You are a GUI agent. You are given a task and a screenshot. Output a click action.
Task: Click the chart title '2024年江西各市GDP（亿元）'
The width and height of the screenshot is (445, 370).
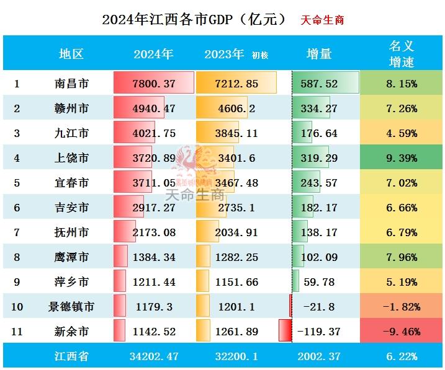pos(194,19)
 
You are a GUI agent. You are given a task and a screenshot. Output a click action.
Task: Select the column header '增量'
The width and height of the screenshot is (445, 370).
pos(319,54)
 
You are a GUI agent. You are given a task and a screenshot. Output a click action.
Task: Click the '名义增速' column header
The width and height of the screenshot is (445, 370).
pos(401,54)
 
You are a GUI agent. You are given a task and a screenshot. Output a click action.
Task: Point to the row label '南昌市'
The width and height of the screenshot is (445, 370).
pos(71,84)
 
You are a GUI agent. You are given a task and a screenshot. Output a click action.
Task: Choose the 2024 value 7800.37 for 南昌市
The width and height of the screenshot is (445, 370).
pos(153,84)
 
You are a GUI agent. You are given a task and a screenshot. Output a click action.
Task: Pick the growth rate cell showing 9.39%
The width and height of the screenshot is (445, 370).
pos(401,158)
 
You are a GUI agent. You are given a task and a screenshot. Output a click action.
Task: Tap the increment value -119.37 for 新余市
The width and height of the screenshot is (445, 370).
pos(319,332)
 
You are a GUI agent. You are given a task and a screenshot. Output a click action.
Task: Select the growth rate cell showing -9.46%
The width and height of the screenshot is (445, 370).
pos(401,332)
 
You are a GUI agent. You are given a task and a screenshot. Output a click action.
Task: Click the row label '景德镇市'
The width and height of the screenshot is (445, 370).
pos(71,307)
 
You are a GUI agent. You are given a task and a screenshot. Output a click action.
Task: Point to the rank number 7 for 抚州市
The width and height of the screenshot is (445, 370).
pos(17,232)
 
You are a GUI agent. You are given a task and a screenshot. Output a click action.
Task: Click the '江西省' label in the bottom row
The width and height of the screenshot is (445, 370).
pos(71,356)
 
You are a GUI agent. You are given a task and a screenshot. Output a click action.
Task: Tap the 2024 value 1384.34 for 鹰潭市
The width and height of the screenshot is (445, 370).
pos(153,257)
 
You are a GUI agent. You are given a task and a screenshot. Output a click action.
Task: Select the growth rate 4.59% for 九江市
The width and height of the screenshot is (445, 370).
pos(401,133)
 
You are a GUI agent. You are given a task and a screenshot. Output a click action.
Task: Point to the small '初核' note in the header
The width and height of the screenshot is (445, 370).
pos(260,55)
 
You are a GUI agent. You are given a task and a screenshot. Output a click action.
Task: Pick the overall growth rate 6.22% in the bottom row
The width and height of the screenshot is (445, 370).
pos(401,356)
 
